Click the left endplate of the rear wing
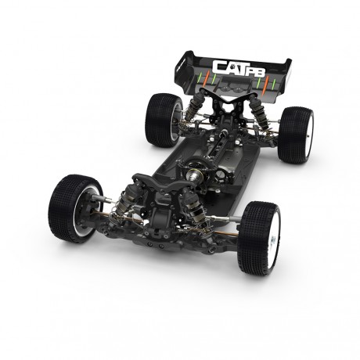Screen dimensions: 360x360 185,67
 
